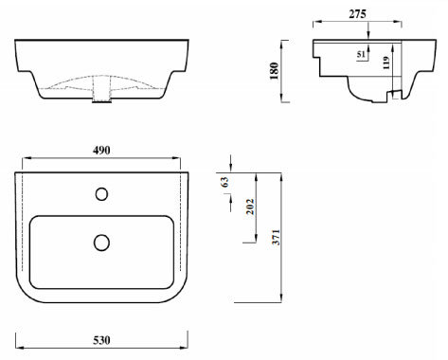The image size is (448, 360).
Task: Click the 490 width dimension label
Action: pos(101,149)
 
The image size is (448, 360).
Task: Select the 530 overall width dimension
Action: pos(101,340)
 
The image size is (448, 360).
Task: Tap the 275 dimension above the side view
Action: pos(359,13)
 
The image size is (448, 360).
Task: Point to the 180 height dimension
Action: pos(275,70)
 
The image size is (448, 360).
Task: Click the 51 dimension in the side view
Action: pos(361,55)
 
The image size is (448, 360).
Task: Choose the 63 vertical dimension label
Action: pos(224,182)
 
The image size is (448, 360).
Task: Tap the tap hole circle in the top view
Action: pos(102,194)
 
